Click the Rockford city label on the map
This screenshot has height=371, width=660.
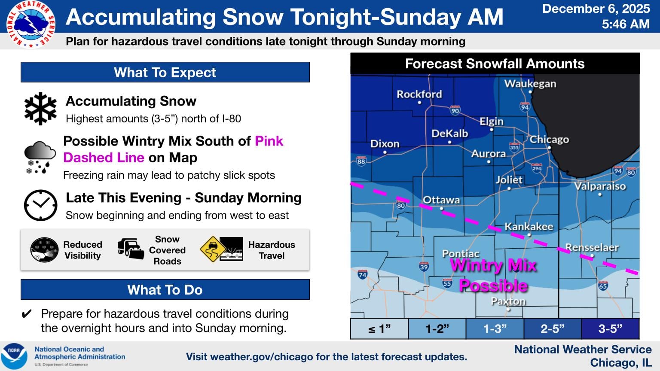pos(419,94)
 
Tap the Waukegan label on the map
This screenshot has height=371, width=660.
pos(530,83)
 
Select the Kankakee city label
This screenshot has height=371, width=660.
pos(529,226)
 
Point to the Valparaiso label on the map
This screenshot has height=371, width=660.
pos(600,186)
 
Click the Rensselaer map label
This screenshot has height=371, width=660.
pos(592,247)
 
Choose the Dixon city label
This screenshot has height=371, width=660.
pos(385,144)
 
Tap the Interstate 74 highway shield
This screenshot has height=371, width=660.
pos(362,274)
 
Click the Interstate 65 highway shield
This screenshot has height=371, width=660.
pos(603,286)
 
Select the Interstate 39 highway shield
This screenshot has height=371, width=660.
pos(424,267)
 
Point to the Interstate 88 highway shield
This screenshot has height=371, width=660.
pos(361,161)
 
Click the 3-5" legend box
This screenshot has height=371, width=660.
pos(610,329)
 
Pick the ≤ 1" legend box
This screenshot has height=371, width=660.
pos(379,329)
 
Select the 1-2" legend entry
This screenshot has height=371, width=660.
pos(437,329)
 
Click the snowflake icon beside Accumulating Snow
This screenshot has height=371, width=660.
pos(40,109)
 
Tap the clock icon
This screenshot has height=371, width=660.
pos(40,205)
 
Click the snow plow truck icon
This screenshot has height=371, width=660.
pos(131,249)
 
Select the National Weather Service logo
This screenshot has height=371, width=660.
pos(31,24)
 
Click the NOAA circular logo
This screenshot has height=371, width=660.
pos(15,356)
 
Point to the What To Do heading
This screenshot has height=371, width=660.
pos(165,290)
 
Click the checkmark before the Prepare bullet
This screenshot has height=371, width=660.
pos(27,314)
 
